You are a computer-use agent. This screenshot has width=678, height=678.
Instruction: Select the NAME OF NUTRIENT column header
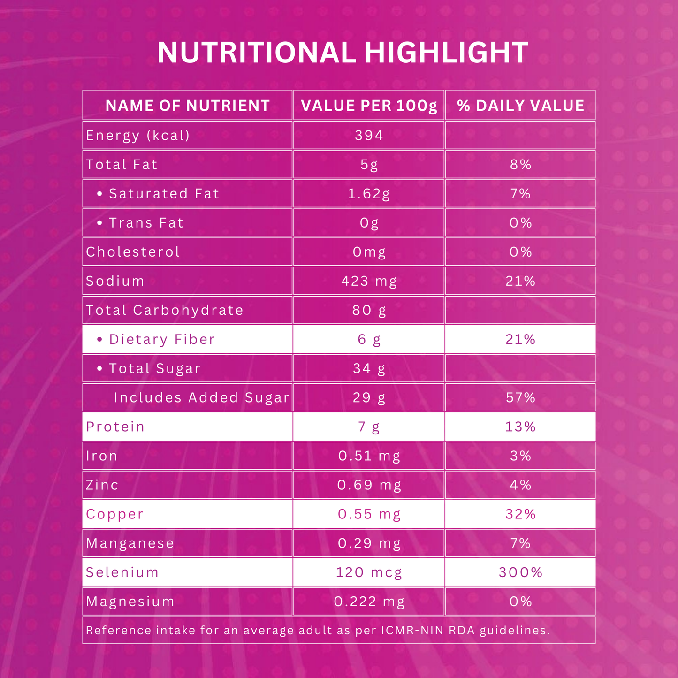pyautogui.click(x=188, y=106)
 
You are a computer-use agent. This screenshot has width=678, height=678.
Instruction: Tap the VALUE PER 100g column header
pyautogui.click(x=369, y=106)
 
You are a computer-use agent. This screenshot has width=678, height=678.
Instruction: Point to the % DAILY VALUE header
pyautogui.click(x=521, y=106)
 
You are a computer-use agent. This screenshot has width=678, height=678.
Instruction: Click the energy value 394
pyautogui.click(x=369, y=136)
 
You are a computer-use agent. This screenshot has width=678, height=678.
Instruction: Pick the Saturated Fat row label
pyautogui.click(x=164, y=194)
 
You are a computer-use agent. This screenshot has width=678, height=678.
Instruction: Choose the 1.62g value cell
pyautogui.click(x=369, y=194)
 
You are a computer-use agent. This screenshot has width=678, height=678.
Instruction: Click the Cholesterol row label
pyautogui.click(x=133, y=252)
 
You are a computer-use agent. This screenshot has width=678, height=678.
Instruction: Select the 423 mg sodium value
pyautogui.click(x=369, y=281)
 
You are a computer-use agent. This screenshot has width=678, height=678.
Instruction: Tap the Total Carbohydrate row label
pyautogui.click(x=165, y=310)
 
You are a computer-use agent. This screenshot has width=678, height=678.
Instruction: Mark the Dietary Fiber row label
pyautogui.click(x=162, y=339)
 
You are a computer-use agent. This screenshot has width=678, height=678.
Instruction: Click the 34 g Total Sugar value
pyautogui.click(x=369, y=368)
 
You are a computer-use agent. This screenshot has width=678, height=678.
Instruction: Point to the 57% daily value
pyautogui.click(x=521, y=398)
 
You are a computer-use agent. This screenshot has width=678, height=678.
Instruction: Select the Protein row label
pyautogui.click(x=115, y=427)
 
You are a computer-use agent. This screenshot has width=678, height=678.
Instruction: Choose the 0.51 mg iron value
pyautogui.click(x=369, y=456)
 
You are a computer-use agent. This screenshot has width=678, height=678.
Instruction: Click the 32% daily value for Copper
pyautogui.click(x=521, y=514)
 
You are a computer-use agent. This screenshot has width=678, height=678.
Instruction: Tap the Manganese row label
pyautogui.click(x=130, y=543)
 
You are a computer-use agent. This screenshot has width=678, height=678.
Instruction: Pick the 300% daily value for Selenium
pyautogui.click(x=521, y=572)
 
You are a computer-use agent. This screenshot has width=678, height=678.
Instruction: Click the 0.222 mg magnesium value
pyautogui.click(x=369, y=602)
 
